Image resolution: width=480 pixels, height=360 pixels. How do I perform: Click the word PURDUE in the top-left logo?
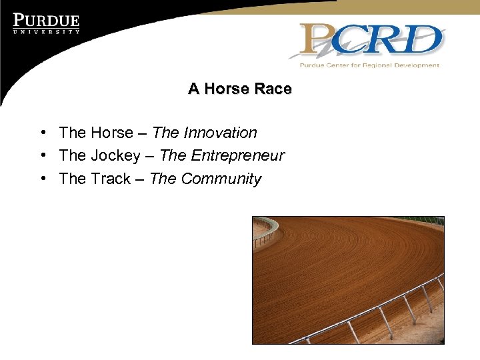click(x=46, y=21)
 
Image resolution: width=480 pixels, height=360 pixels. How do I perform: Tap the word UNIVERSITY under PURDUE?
click(x=46, y=31)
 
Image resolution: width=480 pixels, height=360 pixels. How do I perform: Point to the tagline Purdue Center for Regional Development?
click(x=369, y=65)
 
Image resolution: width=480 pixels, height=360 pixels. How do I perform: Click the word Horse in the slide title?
click(x=227, y=89)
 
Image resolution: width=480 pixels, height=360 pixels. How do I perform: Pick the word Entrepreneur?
click(x=237, y=156)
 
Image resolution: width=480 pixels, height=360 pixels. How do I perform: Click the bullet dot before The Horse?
click(x=42, y=133)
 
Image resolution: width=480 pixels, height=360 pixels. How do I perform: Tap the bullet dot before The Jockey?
click(x=42, y=155)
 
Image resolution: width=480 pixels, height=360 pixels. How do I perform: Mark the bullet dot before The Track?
click(x=42, y=178)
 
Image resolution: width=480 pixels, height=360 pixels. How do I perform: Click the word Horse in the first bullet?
click(x=111, y=133)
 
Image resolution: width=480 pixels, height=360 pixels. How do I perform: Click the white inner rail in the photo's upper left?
click(x=266, y=227)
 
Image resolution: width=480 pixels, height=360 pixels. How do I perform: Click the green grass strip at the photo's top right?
click(x=427, y=219)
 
